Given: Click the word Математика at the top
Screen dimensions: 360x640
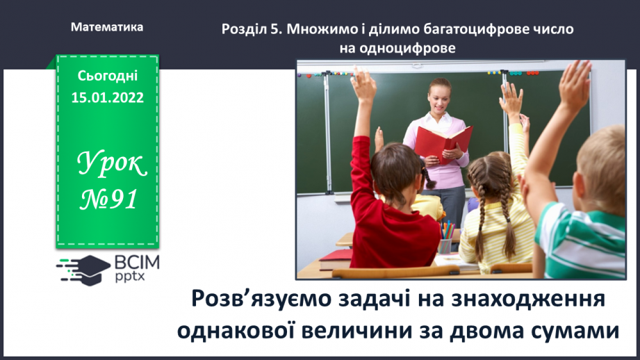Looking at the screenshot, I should [107, 27].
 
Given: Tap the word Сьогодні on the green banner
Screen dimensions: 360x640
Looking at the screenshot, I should [108, 76].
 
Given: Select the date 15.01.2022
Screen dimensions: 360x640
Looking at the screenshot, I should [108, 98].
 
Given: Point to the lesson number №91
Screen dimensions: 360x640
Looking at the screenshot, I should [108, 200].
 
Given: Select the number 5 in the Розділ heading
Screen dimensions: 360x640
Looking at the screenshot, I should [259, 30].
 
